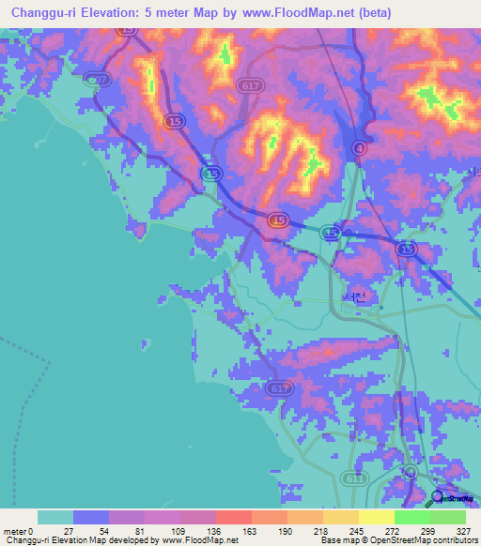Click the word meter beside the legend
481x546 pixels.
(x=15, y=531)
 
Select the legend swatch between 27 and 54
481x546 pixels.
(x=91, y=517)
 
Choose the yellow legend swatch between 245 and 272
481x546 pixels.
(x=377, y=517)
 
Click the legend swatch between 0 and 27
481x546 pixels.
(x=55, y=517)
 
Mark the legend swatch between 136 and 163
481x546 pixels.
(x=234, y=517)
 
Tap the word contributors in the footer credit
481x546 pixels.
(x=450, y=541)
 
